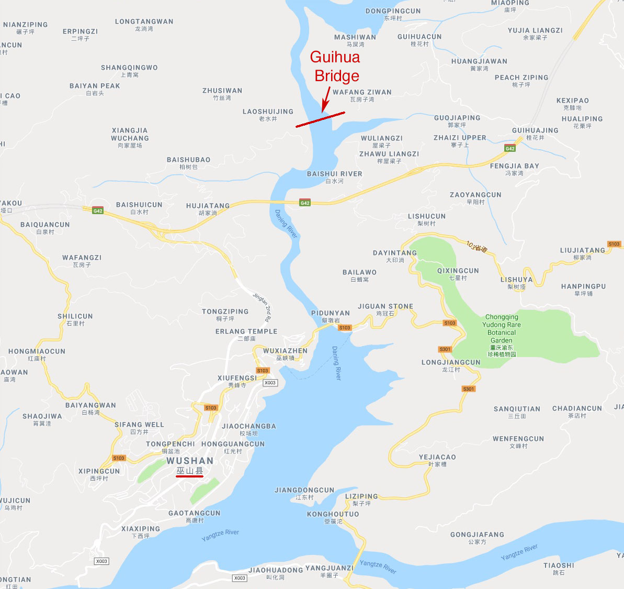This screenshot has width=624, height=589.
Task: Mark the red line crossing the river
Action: pyautogui.click(x=320, y=119)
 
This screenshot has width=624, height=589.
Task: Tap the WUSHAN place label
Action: pyautogui.click(x=190, y=461)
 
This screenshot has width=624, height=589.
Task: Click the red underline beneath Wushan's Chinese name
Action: pyautogui.click(x=189, y=476)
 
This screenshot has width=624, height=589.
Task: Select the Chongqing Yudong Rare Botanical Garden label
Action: pyautogui.click(x=502, y=328)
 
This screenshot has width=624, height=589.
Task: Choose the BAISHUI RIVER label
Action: pyautogui.click(x=334, y=174)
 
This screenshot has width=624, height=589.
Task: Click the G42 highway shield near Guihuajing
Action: pyautogui.click(x=510, y=149)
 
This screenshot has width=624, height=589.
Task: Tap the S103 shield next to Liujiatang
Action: pyautogui.click(x=614, y=244)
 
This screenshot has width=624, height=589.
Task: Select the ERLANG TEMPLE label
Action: pyautogui.click(x=246, y=331)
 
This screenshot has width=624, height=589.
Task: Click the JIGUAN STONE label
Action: pyautogui.click(x=385, y=306)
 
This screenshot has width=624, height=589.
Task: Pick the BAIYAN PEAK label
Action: pyautogui.click(x=95, y=86)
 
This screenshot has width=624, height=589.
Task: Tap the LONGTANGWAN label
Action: pyautogui.click(x=144, y=21)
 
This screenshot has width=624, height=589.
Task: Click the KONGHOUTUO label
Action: pyautogui.click(x=333, y=514)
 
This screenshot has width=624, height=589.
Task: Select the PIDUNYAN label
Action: pyautogui.click(x=331, y=313)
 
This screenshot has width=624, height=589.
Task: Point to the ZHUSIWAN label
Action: pyautogui.click(x=222, y=91)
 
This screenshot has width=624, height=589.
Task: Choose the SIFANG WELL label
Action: pyautogui.click(x=139, y=425)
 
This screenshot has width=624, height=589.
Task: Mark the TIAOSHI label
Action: pyautogui.click(x=559, y=565)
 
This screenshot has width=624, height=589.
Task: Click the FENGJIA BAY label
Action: pyautogui.click(x=514, y=166)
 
